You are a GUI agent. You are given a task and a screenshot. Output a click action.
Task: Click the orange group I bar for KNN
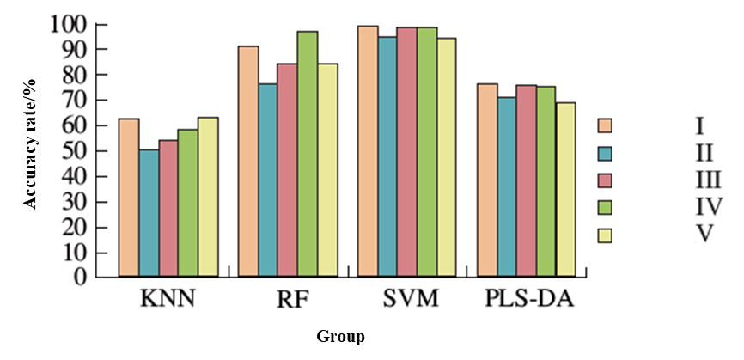129,198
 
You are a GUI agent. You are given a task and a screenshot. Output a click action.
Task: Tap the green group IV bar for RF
308,154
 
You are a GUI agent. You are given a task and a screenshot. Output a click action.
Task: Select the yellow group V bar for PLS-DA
565,190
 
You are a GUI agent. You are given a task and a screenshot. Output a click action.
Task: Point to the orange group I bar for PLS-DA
486,180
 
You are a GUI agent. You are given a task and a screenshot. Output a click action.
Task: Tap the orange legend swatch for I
604,126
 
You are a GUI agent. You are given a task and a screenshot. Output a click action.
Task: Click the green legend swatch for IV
604,206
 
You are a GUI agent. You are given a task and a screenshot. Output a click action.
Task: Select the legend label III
704,179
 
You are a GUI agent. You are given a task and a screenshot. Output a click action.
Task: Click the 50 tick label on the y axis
76,151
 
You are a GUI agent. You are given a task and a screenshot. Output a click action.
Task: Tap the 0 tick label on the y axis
82,278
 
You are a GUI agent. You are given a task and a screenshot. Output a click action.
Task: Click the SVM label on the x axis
410,301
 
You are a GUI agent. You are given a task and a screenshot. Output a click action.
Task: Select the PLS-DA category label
528,301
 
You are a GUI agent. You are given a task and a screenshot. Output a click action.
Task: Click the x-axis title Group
340,337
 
